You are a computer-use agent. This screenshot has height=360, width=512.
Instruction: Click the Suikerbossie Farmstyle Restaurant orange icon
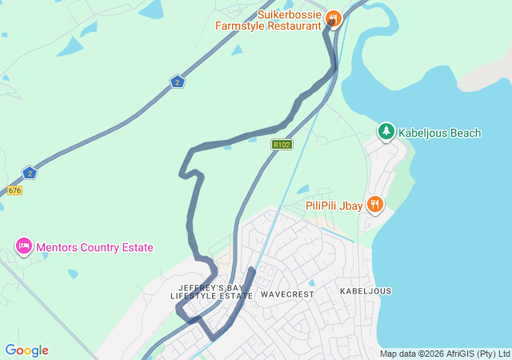click(x=334, y=18)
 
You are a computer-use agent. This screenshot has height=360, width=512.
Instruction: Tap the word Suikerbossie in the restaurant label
click(x=290, y=14)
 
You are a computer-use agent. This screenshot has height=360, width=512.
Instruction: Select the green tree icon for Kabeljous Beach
click(x=386, y=131)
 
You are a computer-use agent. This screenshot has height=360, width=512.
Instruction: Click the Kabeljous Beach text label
click(x=440, y=133)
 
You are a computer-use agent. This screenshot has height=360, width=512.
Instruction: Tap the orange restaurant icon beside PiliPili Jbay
click(x=374, y=206)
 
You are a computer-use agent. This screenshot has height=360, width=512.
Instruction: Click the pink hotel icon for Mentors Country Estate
click(x=24, y=246)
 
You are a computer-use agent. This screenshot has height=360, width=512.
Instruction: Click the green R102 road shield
click(x=282, y=145)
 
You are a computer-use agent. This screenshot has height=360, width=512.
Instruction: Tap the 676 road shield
click(x=14, y=190)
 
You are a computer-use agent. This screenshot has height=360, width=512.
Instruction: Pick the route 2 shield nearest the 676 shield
click(x=30, y=173)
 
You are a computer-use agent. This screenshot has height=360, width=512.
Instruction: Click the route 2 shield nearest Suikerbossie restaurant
click(x=178, y=82)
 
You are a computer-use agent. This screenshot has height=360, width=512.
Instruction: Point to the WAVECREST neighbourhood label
click(x=287, y=294)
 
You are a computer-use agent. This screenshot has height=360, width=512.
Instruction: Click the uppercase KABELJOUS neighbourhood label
click(x=366, y=291)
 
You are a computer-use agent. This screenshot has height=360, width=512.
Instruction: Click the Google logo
click(x=26, y=350)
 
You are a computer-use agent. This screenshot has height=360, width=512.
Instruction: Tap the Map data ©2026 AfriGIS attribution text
click(x=444, y=354)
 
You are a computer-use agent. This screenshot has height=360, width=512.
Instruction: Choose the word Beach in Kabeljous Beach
click(x=464, y=133)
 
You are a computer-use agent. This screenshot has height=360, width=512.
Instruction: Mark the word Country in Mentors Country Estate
click(x=100, y=247)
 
